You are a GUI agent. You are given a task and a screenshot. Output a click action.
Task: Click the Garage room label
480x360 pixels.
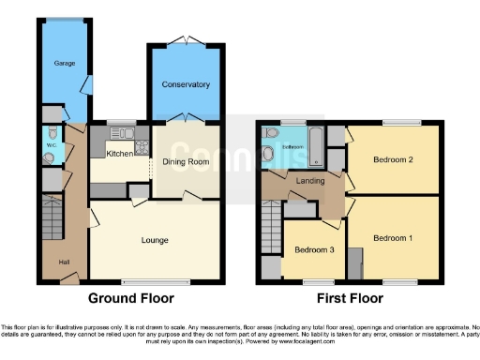coord(64,64)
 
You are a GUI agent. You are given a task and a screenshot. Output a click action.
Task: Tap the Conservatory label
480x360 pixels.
coord(186,84)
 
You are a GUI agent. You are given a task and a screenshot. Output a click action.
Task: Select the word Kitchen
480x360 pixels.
coord(119,153)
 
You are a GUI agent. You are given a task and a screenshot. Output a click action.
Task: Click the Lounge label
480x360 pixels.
coord(155,240)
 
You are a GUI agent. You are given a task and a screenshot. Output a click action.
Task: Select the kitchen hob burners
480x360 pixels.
coord(142,146)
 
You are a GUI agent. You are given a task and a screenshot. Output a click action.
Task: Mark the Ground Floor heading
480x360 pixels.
coord(132,299)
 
